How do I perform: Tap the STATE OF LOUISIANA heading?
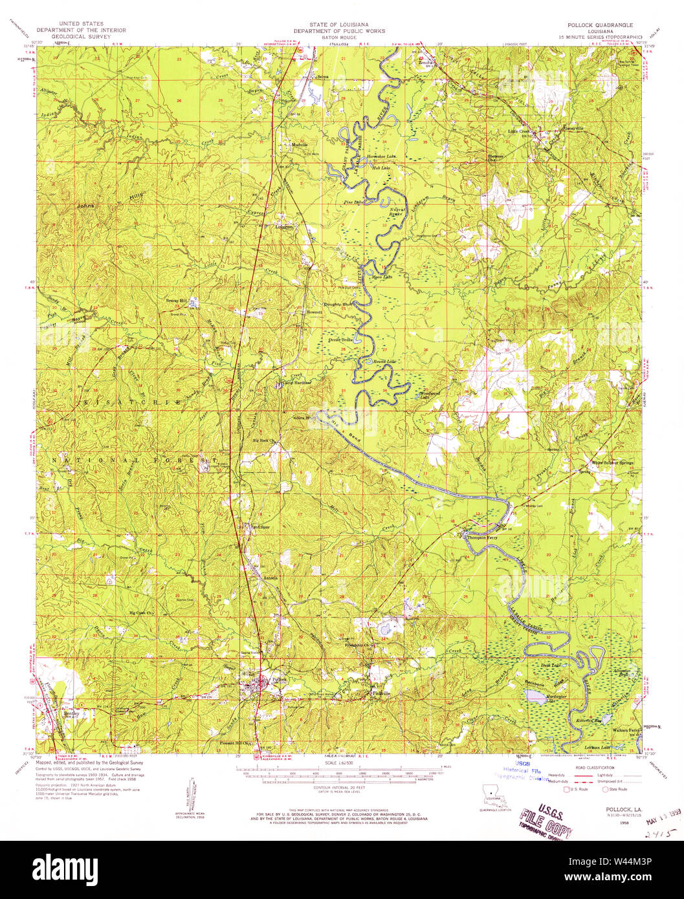pos(339,24)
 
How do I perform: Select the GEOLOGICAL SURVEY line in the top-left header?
pos(81,38)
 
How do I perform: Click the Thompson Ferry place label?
pos(480,536)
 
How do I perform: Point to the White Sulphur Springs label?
pos(610,462)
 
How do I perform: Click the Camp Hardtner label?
pos(296,382)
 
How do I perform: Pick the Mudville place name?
pos(300,144)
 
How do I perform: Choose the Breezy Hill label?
pos(176,301)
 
